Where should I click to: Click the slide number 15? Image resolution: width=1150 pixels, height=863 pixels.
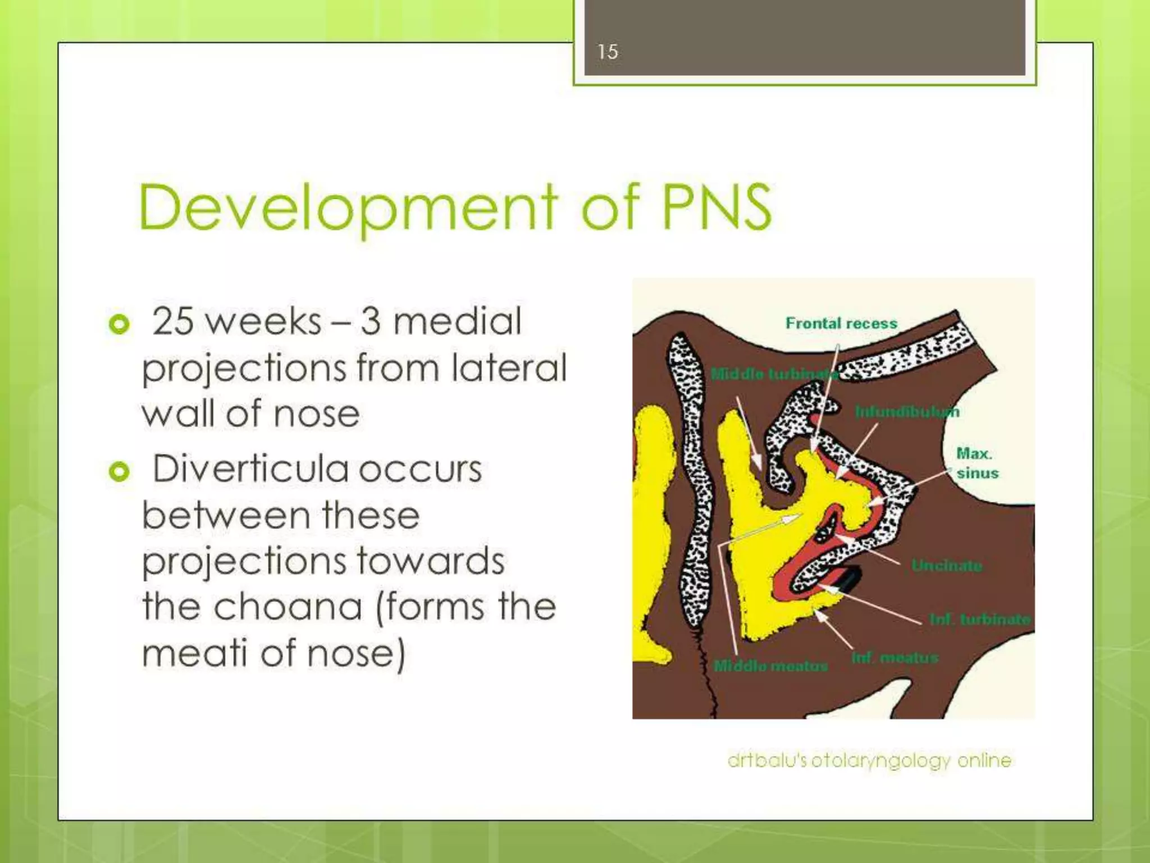607,52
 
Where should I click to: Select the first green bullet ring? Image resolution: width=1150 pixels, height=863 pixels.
119,324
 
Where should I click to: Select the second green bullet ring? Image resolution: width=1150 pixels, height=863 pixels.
119,471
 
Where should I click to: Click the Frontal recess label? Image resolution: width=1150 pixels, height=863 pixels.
841,324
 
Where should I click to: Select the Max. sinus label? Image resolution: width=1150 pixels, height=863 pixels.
977,463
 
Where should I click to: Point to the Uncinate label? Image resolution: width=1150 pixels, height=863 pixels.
946,565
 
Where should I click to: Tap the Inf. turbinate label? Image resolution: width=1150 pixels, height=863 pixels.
980,619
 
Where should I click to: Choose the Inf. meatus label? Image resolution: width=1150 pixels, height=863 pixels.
895,657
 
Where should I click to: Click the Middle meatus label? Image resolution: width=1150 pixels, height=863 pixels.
770,666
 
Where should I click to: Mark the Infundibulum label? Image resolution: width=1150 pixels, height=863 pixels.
907,412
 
